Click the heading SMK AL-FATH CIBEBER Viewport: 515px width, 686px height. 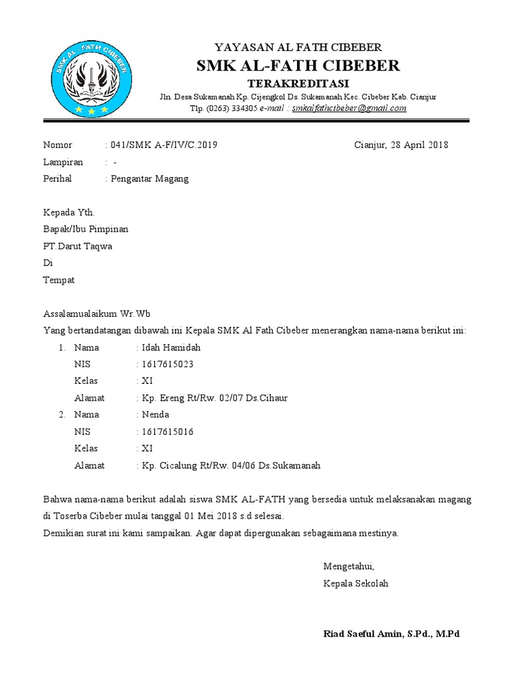click(298, 66)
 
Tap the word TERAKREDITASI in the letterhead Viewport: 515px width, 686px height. click(298, 83)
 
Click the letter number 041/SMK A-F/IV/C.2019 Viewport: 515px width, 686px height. click(164, 145)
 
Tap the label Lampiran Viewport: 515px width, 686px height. click(63, 162)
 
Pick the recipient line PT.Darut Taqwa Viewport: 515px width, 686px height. click(78, 246)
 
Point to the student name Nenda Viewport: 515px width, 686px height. click(156, 415)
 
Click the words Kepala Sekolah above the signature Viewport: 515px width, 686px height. click(355, 584)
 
